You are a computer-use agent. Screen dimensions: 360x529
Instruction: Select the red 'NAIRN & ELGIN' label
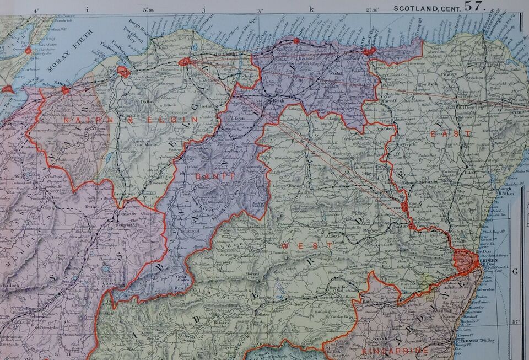[130, 119]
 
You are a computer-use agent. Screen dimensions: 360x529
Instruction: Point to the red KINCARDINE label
[395, 351]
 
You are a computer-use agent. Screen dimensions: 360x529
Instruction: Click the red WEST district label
[292, 244]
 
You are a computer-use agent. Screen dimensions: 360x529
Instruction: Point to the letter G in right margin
[515, 271]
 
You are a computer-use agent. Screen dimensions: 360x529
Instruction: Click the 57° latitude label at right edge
[516, 321]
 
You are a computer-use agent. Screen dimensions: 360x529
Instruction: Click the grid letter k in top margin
[311, 9]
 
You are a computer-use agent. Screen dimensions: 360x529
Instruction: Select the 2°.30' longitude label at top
[373, 9]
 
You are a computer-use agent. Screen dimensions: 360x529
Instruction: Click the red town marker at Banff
[369, 51]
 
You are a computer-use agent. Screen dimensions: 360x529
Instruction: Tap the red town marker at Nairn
[66, 90]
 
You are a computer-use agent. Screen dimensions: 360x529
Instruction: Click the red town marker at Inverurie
[404, 206]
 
